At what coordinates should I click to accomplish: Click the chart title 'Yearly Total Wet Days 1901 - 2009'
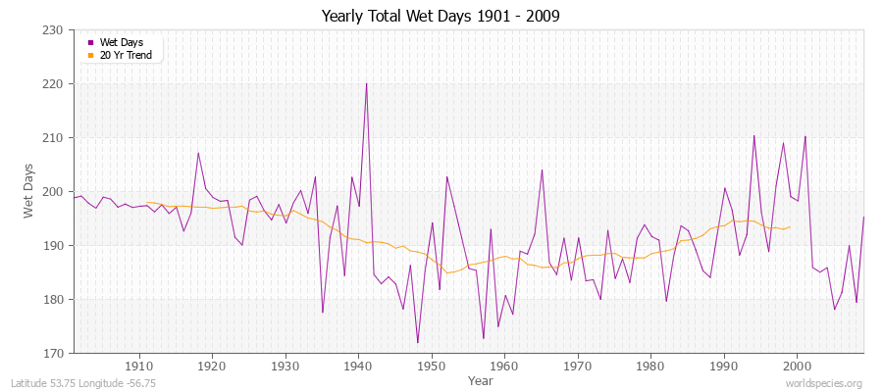[x=441, y=17]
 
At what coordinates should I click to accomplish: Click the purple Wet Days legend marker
[x=91, y=43]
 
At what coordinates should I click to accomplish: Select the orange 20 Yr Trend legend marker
[x=91, y=55]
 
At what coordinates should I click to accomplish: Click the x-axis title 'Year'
[x=481, y=380]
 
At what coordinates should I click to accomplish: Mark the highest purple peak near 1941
[x=366, y=83]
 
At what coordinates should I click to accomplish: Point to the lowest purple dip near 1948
[x=417, y=343]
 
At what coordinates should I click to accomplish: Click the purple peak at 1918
[x=198, y=152]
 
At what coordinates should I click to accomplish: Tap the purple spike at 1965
[x=542, y=170]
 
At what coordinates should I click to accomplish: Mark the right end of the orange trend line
[x=790, y=226]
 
